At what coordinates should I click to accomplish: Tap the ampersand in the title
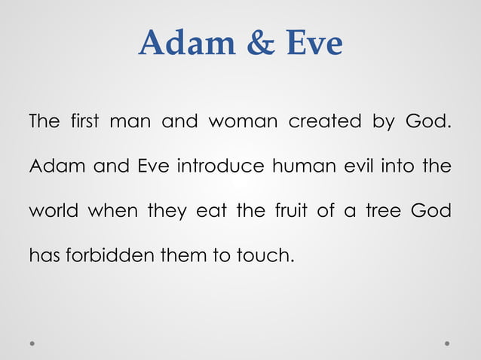(260, 44)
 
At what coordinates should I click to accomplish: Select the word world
(54, 211)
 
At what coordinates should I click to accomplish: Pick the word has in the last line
(44, 256)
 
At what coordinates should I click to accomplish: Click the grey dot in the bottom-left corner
(33, 343)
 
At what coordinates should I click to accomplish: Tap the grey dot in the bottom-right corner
(447, 343)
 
